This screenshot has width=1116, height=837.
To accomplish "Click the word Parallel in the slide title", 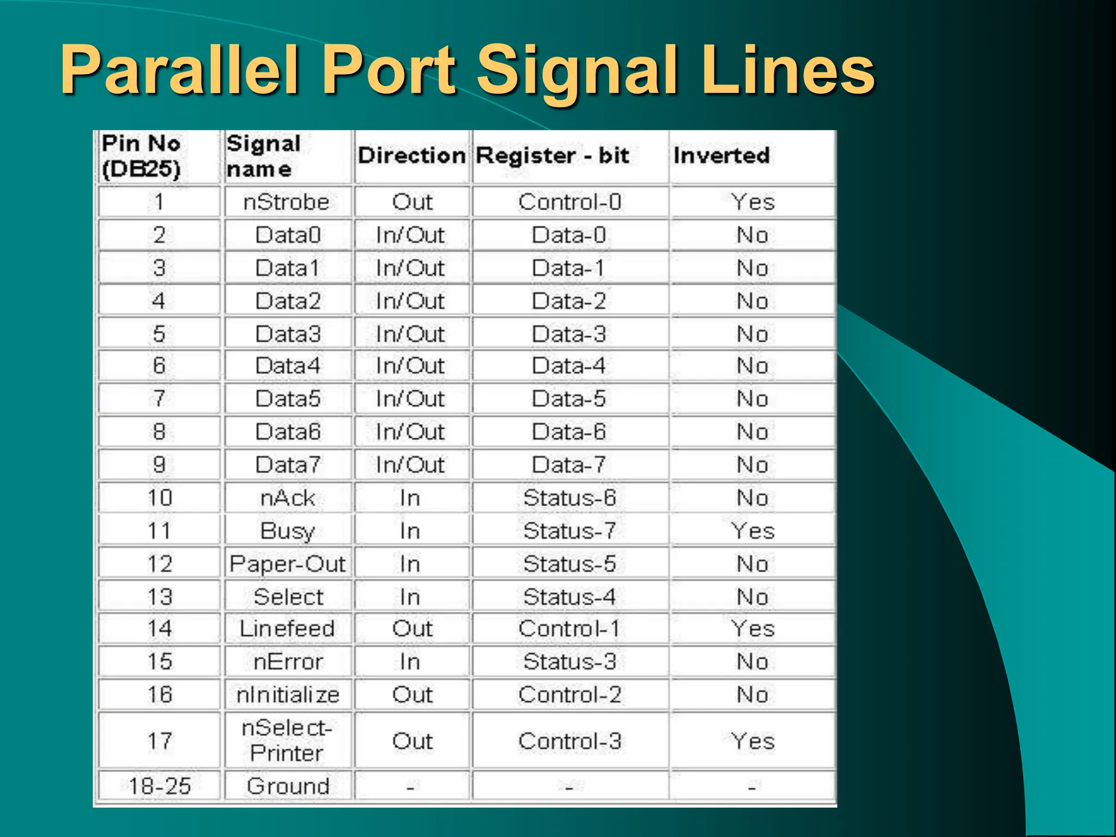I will pos(180,70).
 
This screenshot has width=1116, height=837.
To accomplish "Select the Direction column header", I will pos(411,156).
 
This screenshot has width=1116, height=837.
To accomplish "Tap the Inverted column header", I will pos(721,156).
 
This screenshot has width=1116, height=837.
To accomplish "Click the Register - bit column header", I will pos(552,156).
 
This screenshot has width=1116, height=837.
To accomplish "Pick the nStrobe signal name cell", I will pos(287,202).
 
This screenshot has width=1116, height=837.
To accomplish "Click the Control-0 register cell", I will pos(569,202).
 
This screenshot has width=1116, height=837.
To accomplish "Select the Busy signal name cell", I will pos(287,531).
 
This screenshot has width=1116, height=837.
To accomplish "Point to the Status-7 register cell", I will pos(569,531).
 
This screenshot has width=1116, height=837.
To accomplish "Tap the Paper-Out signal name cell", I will pos(287,564).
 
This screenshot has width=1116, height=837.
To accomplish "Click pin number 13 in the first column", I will pos(160,597).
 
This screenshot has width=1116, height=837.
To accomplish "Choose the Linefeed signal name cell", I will pos(287,629).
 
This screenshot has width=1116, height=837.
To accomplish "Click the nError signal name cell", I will pos(288,662).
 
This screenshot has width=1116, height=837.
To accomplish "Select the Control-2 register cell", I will pos(569,695).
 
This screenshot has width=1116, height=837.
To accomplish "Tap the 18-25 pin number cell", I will pos(160,786).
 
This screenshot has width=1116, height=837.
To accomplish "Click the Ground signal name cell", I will pos(288,786).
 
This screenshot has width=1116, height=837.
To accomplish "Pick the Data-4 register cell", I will pos(569,366).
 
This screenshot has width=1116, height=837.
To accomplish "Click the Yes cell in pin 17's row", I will pos(753,741).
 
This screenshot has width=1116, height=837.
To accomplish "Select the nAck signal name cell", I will pos(287,498).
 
